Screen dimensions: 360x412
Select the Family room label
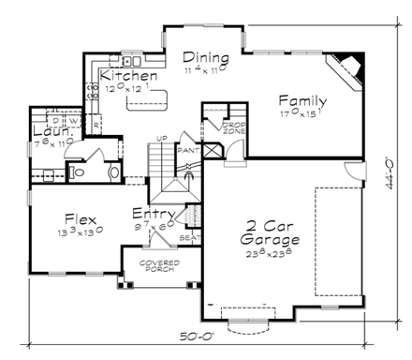coord(302,101)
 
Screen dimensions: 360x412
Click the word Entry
coord(153,215)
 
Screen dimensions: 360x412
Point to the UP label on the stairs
coord(162,140)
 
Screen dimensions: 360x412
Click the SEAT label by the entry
coord(190,236)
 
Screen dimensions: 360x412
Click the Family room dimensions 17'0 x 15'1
coord(302,116)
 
